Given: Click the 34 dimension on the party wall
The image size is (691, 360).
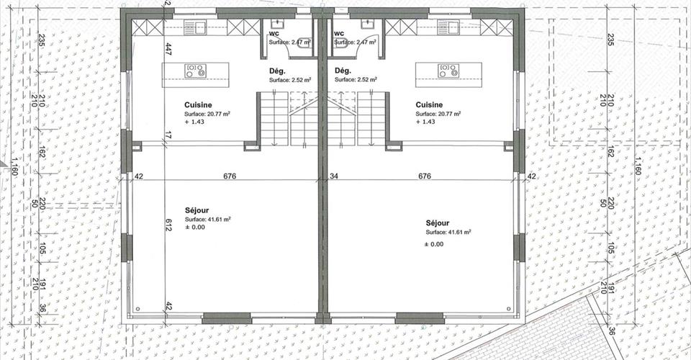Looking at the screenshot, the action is (334, 176).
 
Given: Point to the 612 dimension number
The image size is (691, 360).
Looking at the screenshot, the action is (168, 225).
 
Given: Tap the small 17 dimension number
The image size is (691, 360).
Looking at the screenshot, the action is (168, 135).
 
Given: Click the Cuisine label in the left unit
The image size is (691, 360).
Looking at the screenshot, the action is (198, 105).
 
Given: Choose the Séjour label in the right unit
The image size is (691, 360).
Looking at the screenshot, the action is (438, 223).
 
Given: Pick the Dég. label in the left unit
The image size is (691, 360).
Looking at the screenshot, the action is (277, 71).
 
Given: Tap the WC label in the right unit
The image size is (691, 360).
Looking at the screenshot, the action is (339, 34).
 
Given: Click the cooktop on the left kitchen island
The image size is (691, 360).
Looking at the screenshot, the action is (196, 71).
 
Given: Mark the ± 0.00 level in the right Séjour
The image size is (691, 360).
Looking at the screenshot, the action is (434, 244).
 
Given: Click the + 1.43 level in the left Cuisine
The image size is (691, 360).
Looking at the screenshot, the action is (194, 122).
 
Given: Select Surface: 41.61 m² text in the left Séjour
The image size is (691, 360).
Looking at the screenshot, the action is (207, 219).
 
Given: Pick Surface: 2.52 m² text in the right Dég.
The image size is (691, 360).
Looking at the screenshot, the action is (356, 80).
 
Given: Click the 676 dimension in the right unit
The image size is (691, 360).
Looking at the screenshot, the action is (425, 176).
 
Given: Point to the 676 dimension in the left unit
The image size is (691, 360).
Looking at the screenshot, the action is (230, 176).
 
